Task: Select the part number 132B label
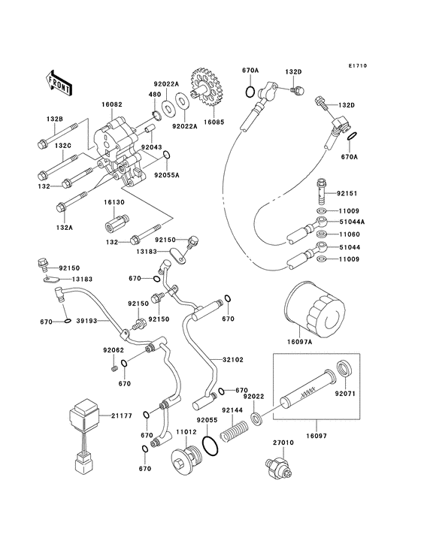coord(55,119)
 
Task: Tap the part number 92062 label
coord(114,350)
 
